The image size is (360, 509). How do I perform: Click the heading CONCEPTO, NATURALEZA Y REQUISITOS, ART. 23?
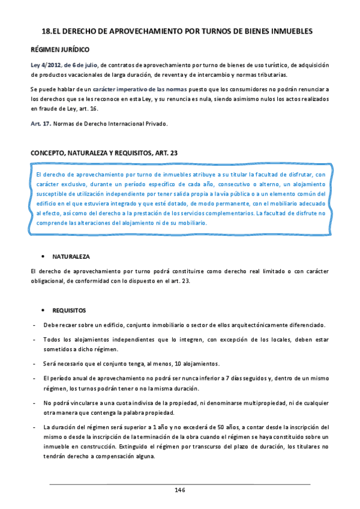(x=103, y=154)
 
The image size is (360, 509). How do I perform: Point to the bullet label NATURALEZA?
(x=71, y=256)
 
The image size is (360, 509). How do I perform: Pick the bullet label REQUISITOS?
(x=69, y=310)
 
